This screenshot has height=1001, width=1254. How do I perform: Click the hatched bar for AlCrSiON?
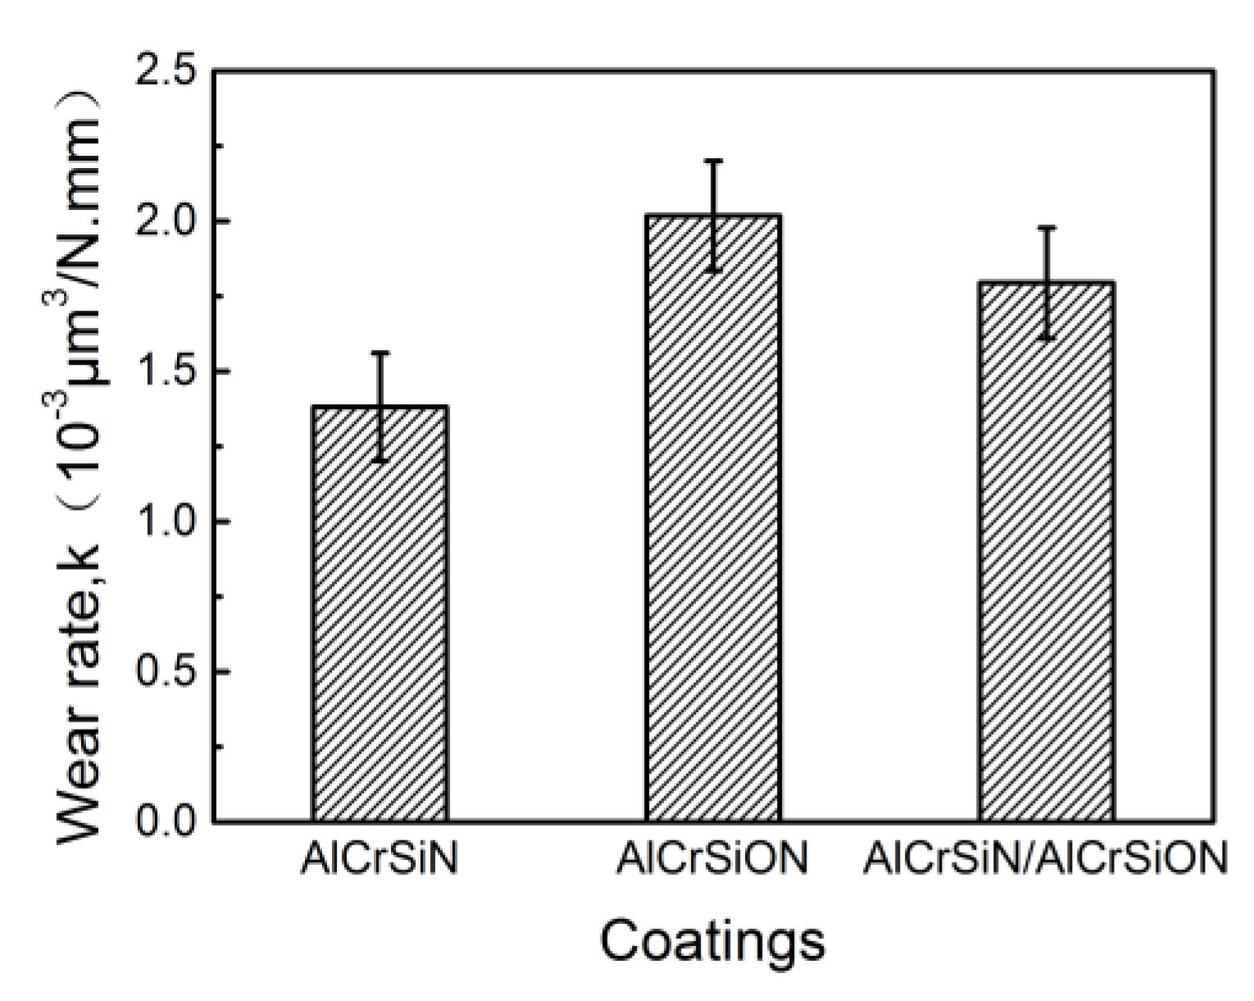pyautogui.click(x=713, y=517)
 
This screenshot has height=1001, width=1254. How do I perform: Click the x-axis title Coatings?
pyautogui.click(x=711, y=942)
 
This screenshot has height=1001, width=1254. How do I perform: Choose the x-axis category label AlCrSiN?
pyautogui.click(x=379, y=860)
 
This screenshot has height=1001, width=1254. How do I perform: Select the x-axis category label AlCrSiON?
pyautogui.click(x=713, y=860)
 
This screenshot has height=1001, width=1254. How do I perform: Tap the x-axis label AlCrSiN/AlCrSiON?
pyautogui.click(x=1046, y=860)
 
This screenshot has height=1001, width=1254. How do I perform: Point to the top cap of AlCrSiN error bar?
pyautogui.click(x=379, y=353)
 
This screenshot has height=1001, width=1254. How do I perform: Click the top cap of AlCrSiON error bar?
pyautogui.click(x=714, y=161)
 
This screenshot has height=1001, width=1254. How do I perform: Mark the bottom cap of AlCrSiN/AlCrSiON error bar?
pyautogui.click(x=1047, y=338)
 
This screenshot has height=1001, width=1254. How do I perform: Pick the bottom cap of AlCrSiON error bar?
pyautogui.click(x=714, y=270)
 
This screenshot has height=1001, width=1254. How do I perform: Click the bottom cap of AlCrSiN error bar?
pyautogui.click(x=379, y=462)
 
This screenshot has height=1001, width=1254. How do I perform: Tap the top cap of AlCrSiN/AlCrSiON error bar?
pyautogui.click(x=1047, y=227)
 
